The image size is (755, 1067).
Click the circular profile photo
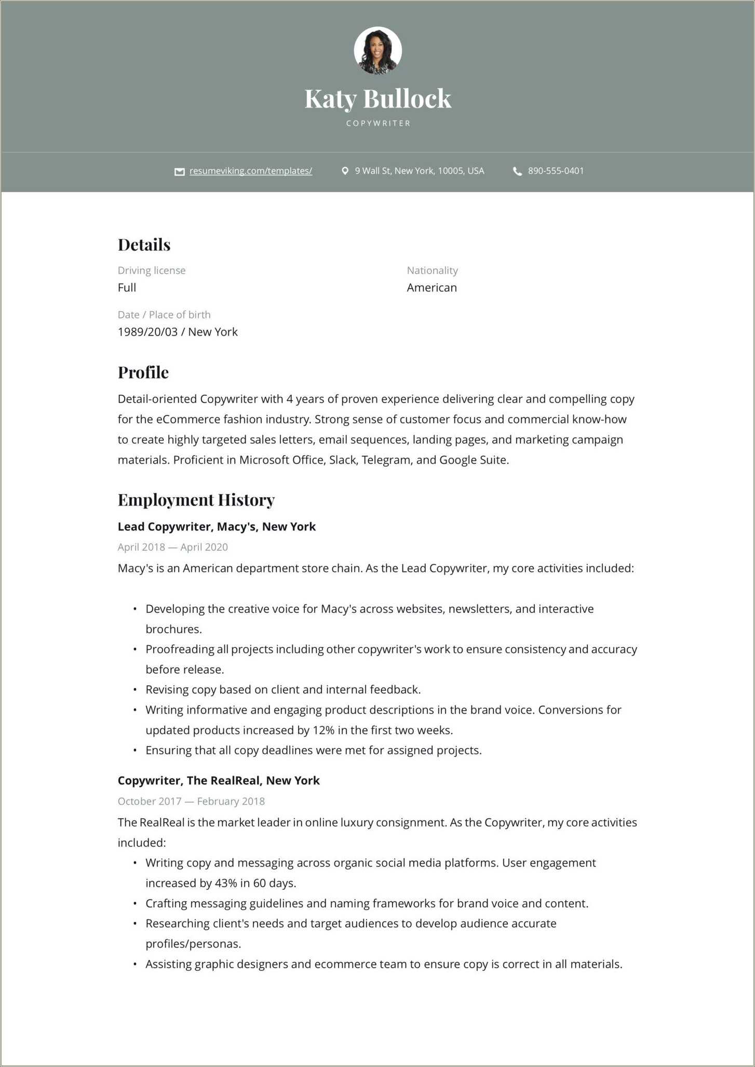[377, 50]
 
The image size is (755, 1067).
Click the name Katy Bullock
[377, 99]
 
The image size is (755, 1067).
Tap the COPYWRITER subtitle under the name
[378, 123]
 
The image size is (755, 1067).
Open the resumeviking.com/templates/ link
[250, 171]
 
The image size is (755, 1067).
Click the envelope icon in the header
[179, 171]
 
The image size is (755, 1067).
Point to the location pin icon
[345, 171]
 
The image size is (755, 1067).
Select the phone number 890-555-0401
[556, 171]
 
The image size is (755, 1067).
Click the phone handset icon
[517, 171]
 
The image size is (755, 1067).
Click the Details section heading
[144, 245]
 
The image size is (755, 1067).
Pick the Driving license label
[151, 270]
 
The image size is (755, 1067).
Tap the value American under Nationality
[432, 288]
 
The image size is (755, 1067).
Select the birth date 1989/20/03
[147, 332]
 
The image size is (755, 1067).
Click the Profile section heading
[143, 372]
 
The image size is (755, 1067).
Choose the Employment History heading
[196, 500]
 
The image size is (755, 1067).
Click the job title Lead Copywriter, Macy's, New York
[217, 527]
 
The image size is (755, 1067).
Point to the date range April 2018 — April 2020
[172, 547]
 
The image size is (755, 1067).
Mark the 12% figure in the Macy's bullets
[323, 730]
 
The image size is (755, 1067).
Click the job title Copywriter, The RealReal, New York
[219, 781]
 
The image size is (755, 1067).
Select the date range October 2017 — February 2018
[191, 801]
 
